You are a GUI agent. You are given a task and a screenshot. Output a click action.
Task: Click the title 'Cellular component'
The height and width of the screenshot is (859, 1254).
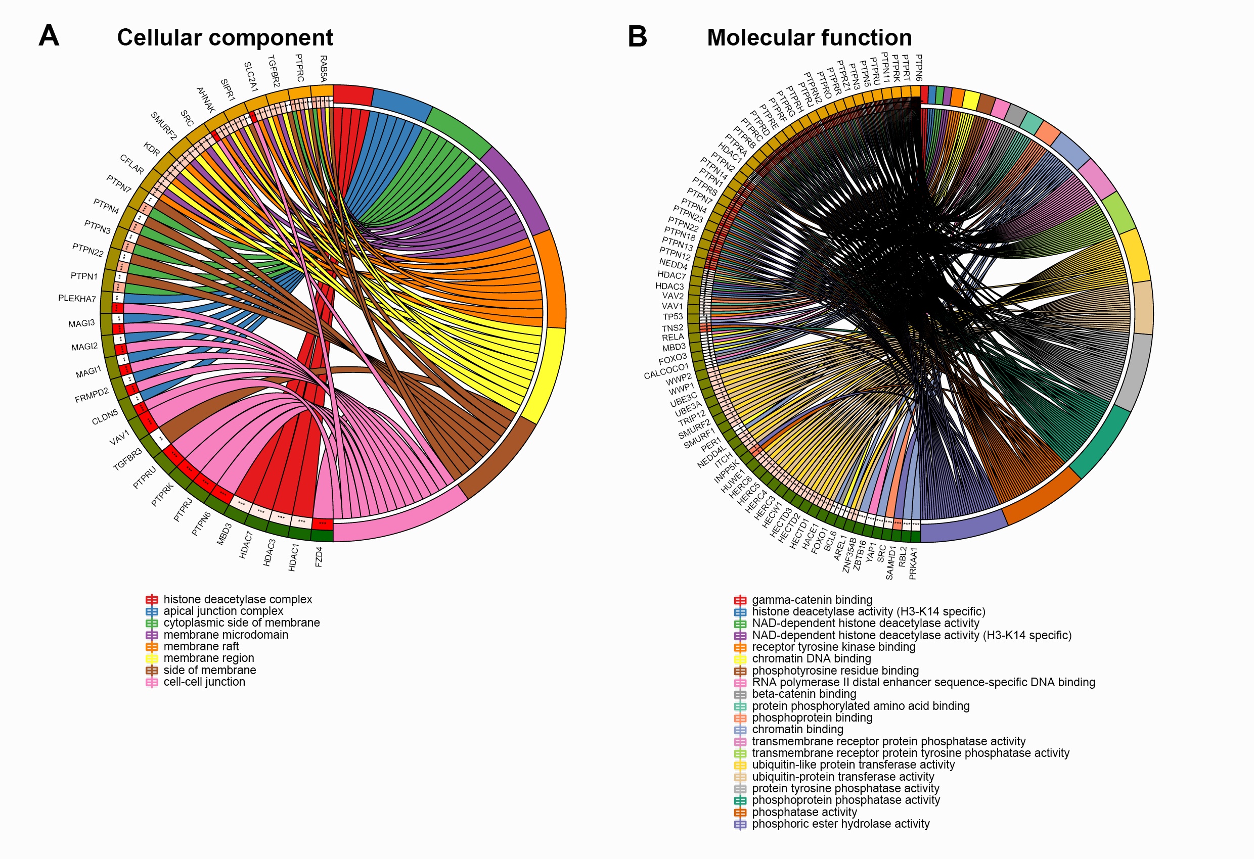(x=225, y=38)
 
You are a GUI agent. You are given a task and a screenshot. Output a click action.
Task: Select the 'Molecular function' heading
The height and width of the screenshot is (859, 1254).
(x=809, y=38)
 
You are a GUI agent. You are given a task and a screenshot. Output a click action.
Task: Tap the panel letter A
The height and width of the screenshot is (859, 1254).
(x=49, y=36)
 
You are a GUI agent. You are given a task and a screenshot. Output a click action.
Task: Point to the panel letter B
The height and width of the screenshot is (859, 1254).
(x=637, y=37)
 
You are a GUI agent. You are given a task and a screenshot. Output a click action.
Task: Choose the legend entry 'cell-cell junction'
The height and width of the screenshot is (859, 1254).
(x=204, y=682)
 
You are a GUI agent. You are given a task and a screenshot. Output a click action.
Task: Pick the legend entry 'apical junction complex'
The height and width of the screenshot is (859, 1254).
(x=223, y=611)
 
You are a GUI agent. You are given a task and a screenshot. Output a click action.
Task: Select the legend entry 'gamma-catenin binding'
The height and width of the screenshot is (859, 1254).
(x=812, y=600)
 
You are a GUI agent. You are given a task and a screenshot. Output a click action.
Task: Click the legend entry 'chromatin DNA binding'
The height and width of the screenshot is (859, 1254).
(x=811, y=658)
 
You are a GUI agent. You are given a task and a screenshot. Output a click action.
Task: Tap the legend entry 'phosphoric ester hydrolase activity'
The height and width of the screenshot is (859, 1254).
(x=840, y=824)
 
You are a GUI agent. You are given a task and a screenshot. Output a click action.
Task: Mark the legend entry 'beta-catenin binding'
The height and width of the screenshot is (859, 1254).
(x=803, y=694)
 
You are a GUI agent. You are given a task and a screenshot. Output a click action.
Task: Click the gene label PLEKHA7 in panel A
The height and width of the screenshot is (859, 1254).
(x=77, y=299)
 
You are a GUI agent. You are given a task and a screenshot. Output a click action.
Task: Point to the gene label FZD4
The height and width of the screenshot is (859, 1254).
(x=319, y=556)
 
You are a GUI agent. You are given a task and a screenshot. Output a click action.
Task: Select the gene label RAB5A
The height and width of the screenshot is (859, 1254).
(x=323, y=69)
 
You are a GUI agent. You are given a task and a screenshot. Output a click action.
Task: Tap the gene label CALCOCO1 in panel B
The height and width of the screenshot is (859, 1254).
(x=666, y=371)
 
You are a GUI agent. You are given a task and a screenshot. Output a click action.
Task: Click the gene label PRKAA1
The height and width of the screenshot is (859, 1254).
(x=913, y=563)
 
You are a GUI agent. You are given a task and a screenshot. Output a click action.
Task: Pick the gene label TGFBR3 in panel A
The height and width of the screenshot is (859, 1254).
(x=127, y=459)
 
